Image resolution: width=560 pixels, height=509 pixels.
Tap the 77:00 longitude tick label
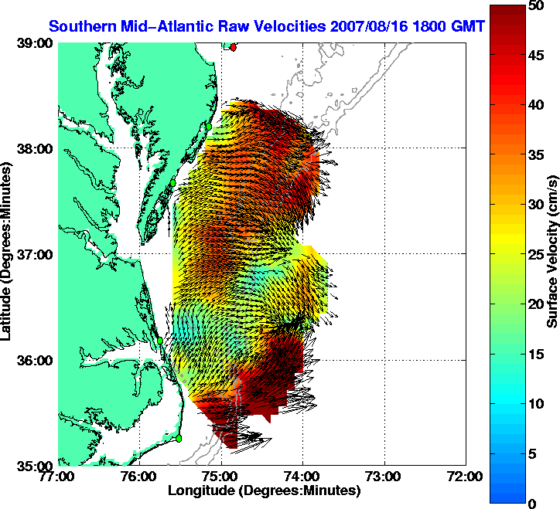(x=59, y=477)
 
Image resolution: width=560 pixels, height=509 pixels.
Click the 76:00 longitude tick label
(x=140, y=477)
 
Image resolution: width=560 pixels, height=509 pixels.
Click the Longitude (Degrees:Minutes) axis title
(x=265, y=490)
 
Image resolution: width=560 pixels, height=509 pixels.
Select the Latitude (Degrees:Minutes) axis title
(x=9, y=255)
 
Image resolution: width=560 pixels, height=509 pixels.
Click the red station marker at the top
(x=233, y=47)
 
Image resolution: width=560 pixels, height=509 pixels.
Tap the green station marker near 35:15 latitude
(x=178, y=438)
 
